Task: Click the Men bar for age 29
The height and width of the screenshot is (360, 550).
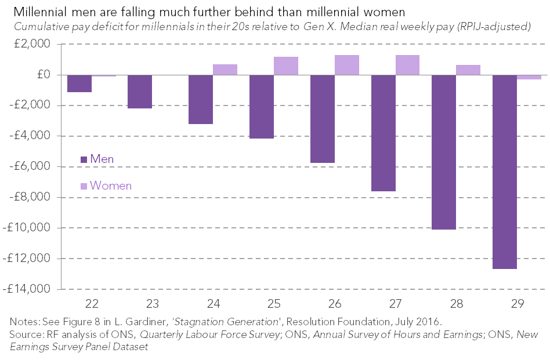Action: [x=504, y=172]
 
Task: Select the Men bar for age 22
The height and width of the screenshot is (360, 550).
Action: [x=79, y=83]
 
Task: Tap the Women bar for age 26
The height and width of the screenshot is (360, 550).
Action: [x=347, y=65]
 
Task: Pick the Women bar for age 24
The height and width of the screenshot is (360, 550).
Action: [x=225, y=70]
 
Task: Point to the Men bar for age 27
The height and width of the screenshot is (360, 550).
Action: [x=383, y=133]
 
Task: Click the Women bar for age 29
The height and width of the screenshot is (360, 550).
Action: [x=529, y=77]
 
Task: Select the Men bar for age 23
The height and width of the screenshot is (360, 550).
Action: [x=140, y=92]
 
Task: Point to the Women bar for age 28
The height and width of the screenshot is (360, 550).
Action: [x=468, y=70]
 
